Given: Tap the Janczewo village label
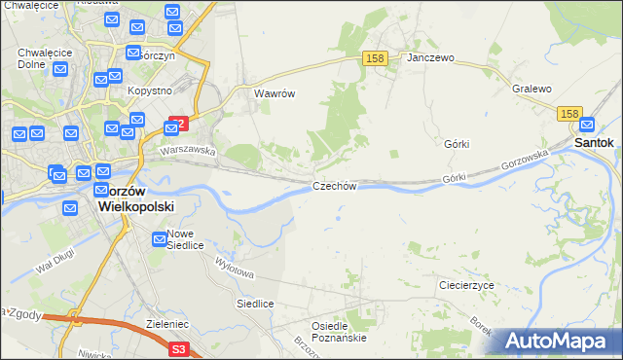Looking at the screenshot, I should (431, 58).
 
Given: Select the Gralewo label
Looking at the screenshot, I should (531, 90).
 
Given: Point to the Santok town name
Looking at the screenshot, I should (594, 142).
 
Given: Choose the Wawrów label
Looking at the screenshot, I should (274, 94).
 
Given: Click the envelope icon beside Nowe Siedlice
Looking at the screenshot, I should (160, 239).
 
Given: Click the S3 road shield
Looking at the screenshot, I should (177, 348).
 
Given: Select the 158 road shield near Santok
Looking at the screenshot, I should (570, 114).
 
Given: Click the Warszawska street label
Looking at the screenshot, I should (188, 151).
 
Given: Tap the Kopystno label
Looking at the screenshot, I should (149, 90).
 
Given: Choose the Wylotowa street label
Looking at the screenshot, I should (234, 265).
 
